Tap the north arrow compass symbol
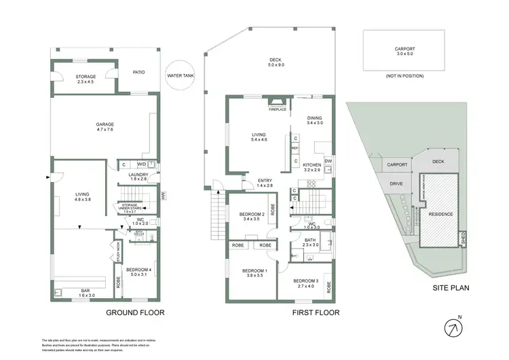coord(453,327)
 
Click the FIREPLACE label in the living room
coord(278,109)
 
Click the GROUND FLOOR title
coord(135,313)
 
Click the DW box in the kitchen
coord(328,161)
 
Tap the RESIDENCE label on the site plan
coord(440,215)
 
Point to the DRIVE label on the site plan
coord(397,183)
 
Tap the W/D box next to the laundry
coord(142,164)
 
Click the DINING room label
coord(315,120)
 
